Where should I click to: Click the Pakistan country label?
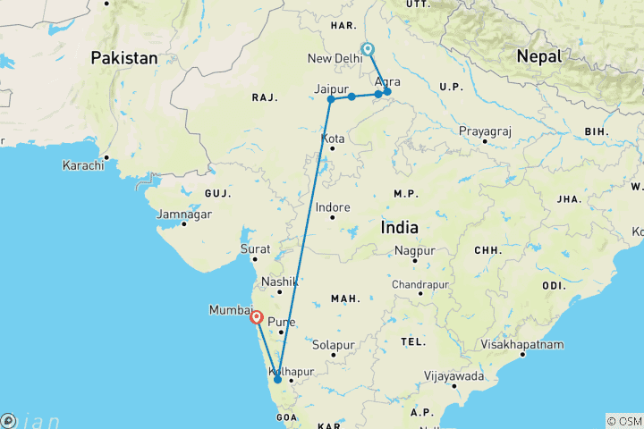click(x=123, y=58)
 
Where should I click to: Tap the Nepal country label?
click(x=539, y=56)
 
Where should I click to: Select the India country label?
click(x=399, y=228)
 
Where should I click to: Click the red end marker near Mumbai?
click(x=257, y=316)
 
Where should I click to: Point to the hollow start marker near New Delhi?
click(x=368, y=49)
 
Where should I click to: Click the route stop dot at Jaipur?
click(x=331, y=99)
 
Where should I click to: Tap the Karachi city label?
click(x=84, y=165)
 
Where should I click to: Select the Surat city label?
click(x=255, y=249)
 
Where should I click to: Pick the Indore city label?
click(x=334, y=207)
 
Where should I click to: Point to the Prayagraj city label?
click(x=485, y=131)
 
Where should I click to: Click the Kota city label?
click(x=334, y=139)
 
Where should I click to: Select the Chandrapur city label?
click(x=419, y=284)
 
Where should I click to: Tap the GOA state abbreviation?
click(x=285, y=417)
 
